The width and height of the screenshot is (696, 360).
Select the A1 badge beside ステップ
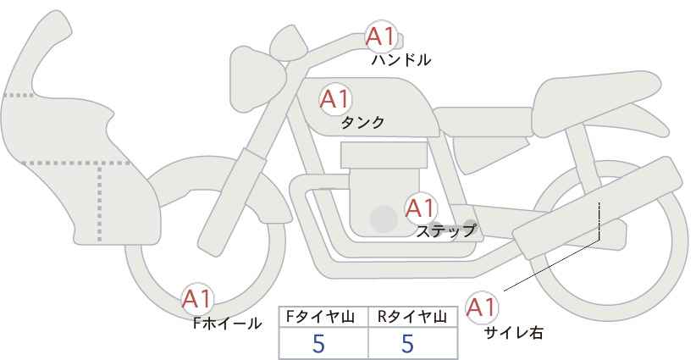pos(419,208)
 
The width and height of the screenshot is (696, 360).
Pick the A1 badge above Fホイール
pos(197,298)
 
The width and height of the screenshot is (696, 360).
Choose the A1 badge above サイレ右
pos(482,307)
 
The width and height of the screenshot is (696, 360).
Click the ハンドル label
pos(401,60)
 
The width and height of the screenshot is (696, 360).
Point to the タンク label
pos(362,123)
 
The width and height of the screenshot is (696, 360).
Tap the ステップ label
pos(446,230)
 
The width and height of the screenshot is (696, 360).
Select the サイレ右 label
pos(514,333)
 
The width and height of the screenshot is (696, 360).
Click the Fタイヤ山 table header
pos(323,317)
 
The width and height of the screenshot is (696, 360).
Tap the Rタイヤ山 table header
pos(413,317)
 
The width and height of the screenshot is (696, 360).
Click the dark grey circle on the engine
pos(384,219)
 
